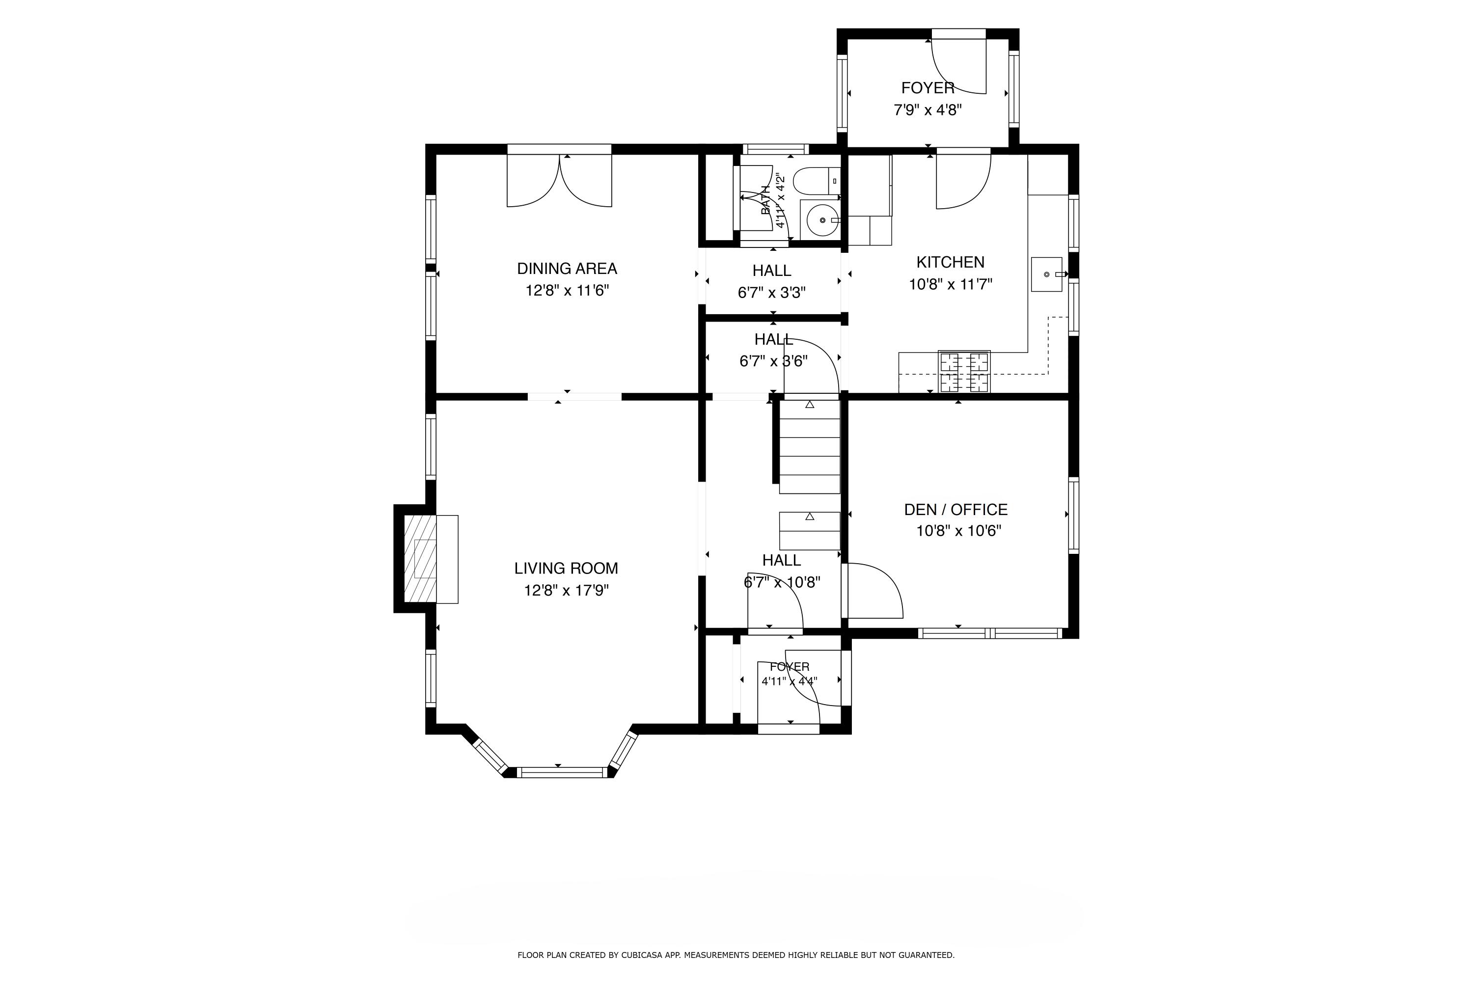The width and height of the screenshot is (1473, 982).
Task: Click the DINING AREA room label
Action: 567,269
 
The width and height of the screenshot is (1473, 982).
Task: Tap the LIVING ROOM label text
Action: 566,568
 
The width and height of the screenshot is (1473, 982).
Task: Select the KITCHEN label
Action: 950,262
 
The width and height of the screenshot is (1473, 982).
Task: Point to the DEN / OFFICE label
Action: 955,509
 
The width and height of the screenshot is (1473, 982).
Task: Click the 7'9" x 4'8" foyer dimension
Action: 927,110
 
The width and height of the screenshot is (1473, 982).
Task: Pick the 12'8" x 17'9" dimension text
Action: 566,591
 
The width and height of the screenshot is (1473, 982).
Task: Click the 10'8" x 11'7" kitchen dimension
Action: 951,284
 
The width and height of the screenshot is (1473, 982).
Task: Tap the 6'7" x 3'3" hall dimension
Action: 771,293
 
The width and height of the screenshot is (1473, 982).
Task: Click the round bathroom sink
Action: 821,220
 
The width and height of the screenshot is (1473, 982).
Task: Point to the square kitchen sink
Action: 1046,274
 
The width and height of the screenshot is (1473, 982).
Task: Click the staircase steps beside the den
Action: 809,446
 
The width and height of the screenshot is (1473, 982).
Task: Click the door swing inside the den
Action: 875,591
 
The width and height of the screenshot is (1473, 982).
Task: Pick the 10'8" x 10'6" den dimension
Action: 959,531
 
